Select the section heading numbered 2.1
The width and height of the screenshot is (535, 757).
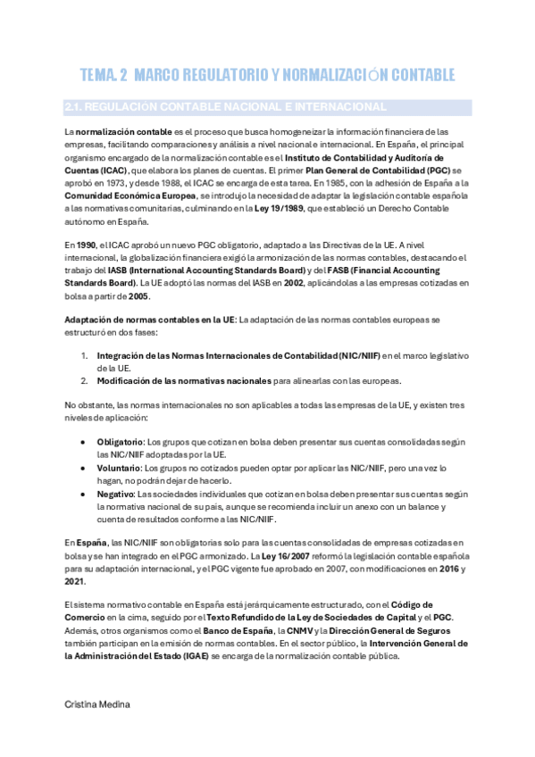coord(226,107)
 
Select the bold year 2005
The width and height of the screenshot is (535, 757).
coord(138,295)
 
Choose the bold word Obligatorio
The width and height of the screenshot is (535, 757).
coord(120,441)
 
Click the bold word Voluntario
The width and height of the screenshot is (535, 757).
coord(118,467)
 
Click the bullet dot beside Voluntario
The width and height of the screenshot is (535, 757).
coord(83,467)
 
